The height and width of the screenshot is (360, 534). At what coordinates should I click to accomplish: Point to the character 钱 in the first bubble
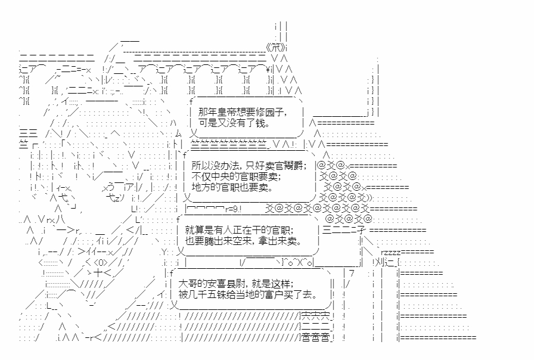(260, 123)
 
